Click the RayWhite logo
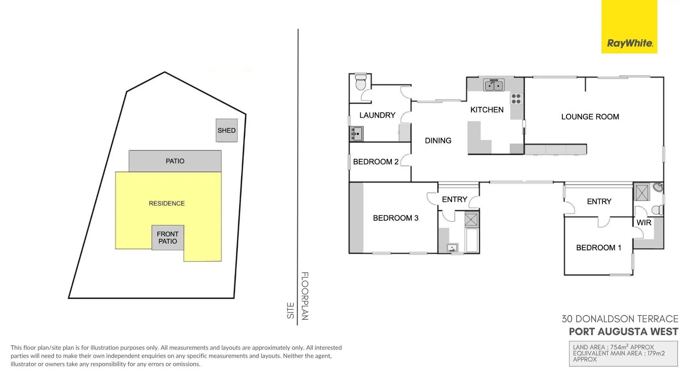(x=629, y=43)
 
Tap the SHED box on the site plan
(x=227, y=130)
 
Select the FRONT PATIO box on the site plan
(x=168, y=237)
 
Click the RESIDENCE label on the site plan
(x=167, y=204)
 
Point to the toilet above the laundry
(x=361, y=83)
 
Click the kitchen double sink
(x=494, y=85)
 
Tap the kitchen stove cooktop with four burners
(x=516, y=99)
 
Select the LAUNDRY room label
(x=377, y=115)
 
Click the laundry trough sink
(x=356, y=134)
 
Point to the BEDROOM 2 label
(x=375, y=162)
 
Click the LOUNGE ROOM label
(x=590, y=117)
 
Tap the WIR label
(x=644, y=223)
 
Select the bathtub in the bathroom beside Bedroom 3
(x=472, y=240)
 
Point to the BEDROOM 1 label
(x=598, y=248)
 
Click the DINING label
(x=438, y=141)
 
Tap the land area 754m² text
(x=613, y=347)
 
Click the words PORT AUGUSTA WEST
(x=623, y=332)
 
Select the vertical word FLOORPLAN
(x=305, y=296)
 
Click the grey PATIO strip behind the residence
(x=175, y=161)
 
